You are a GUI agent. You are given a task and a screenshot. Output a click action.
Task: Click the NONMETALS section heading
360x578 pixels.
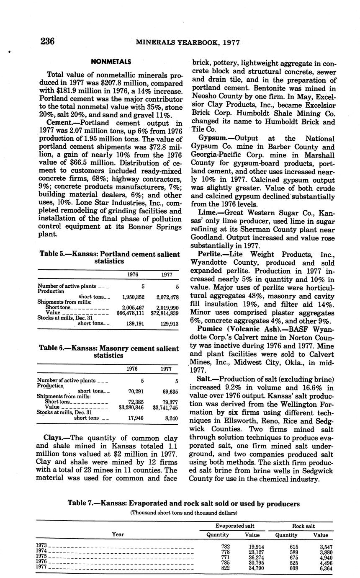pos(111,62)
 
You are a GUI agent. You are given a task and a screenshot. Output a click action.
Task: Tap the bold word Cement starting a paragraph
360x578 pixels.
pos(59,123)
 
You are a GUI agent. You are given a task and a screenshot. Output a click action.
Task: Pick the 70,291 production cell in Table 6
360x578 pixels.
pos(136,391)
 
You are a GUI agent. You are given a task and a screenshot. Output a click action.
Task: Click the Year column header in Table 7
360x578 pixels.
pos(118,534)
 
